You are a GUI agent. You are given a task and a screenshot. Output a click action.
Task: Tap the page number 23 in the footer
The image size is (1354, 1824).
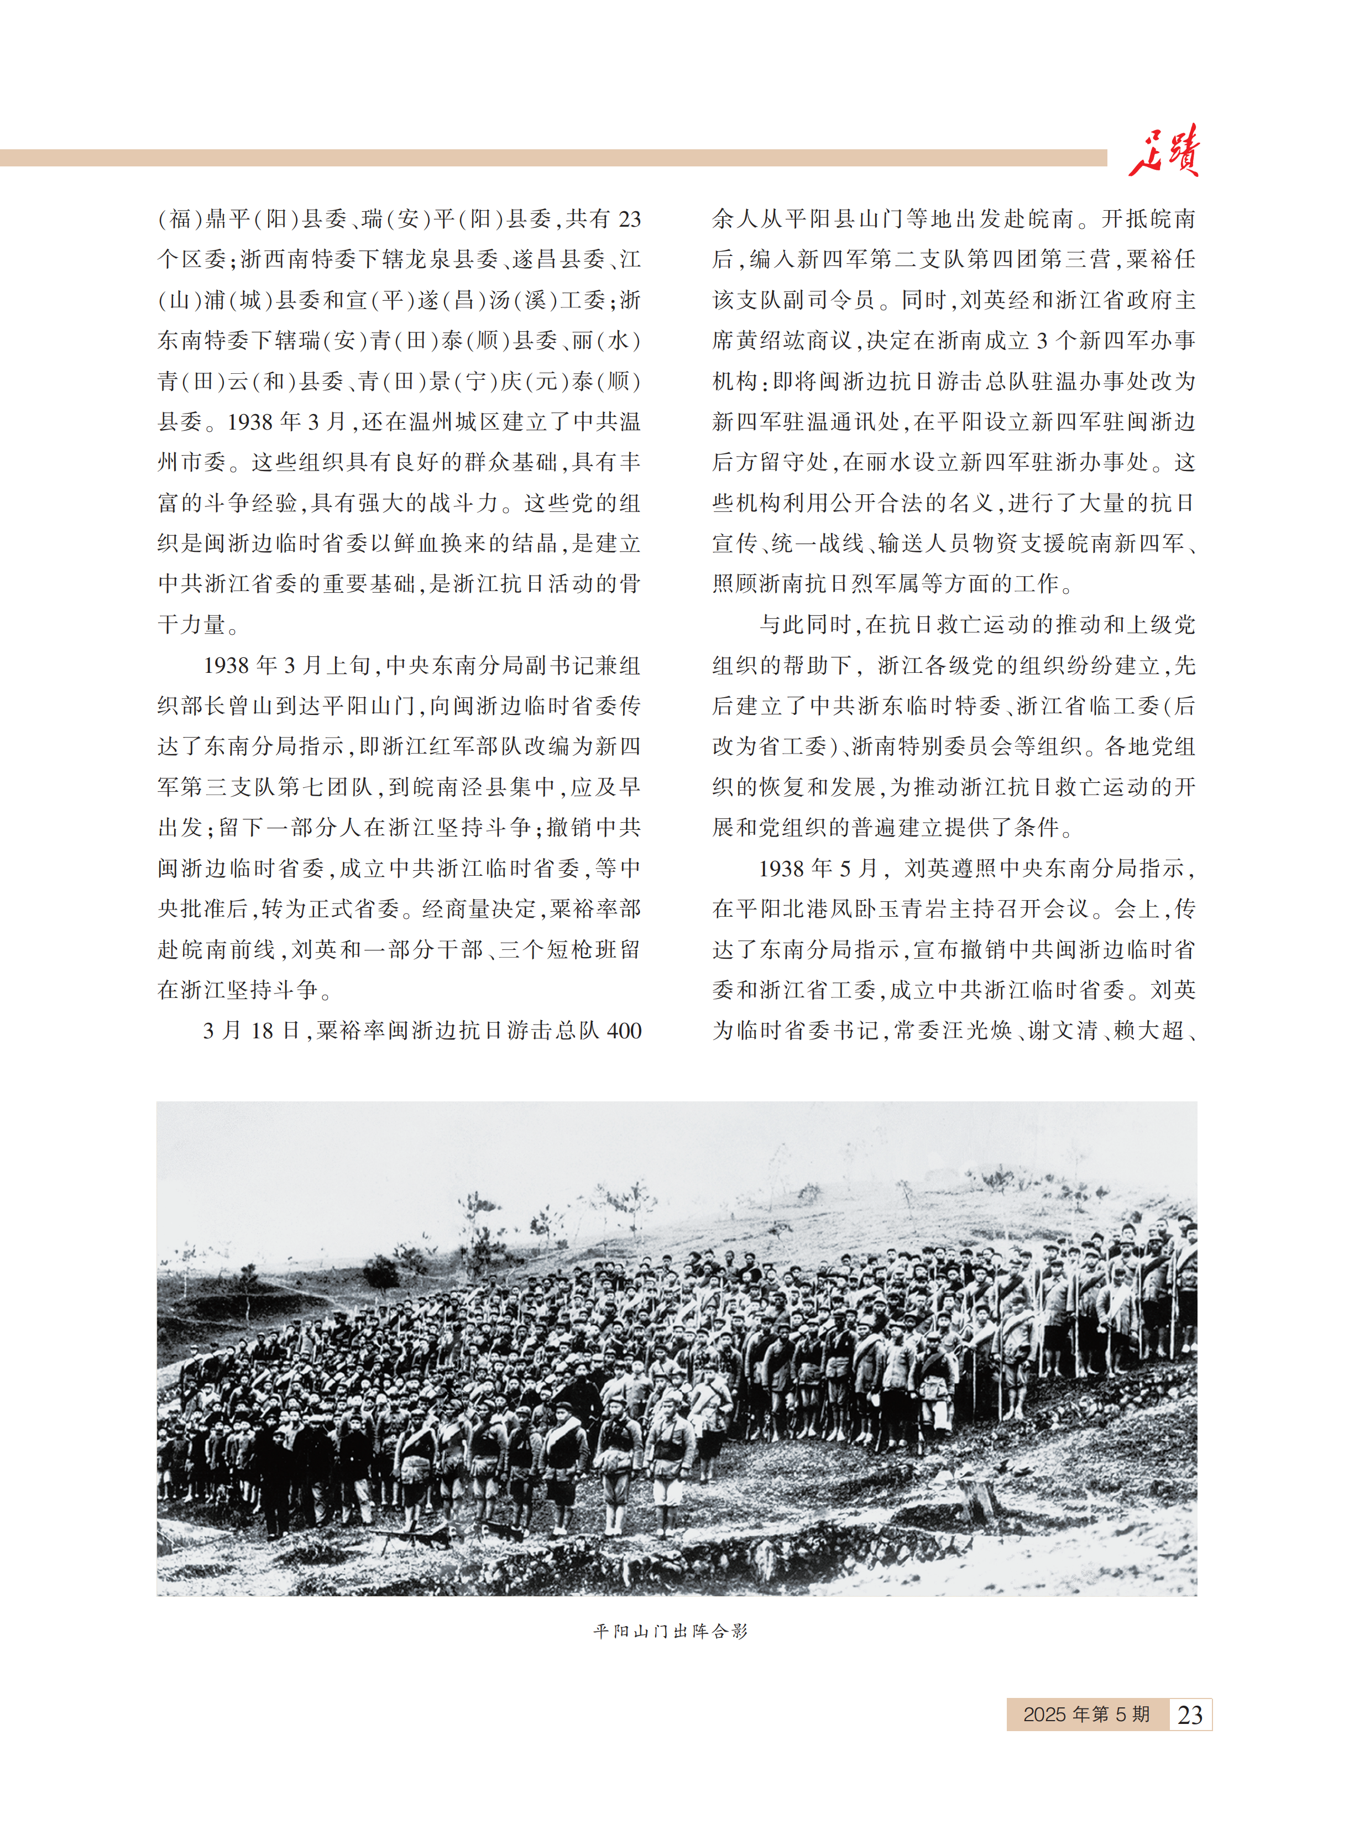tap(1189, 1714)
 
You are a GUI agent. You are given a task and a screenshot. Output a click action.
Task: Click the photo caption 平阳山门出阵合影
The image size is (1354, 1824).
tap(671, 1630)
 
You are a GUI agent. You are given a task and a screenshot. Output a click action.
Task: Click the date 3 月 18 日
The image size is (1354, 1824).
tap(252, 1031)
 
